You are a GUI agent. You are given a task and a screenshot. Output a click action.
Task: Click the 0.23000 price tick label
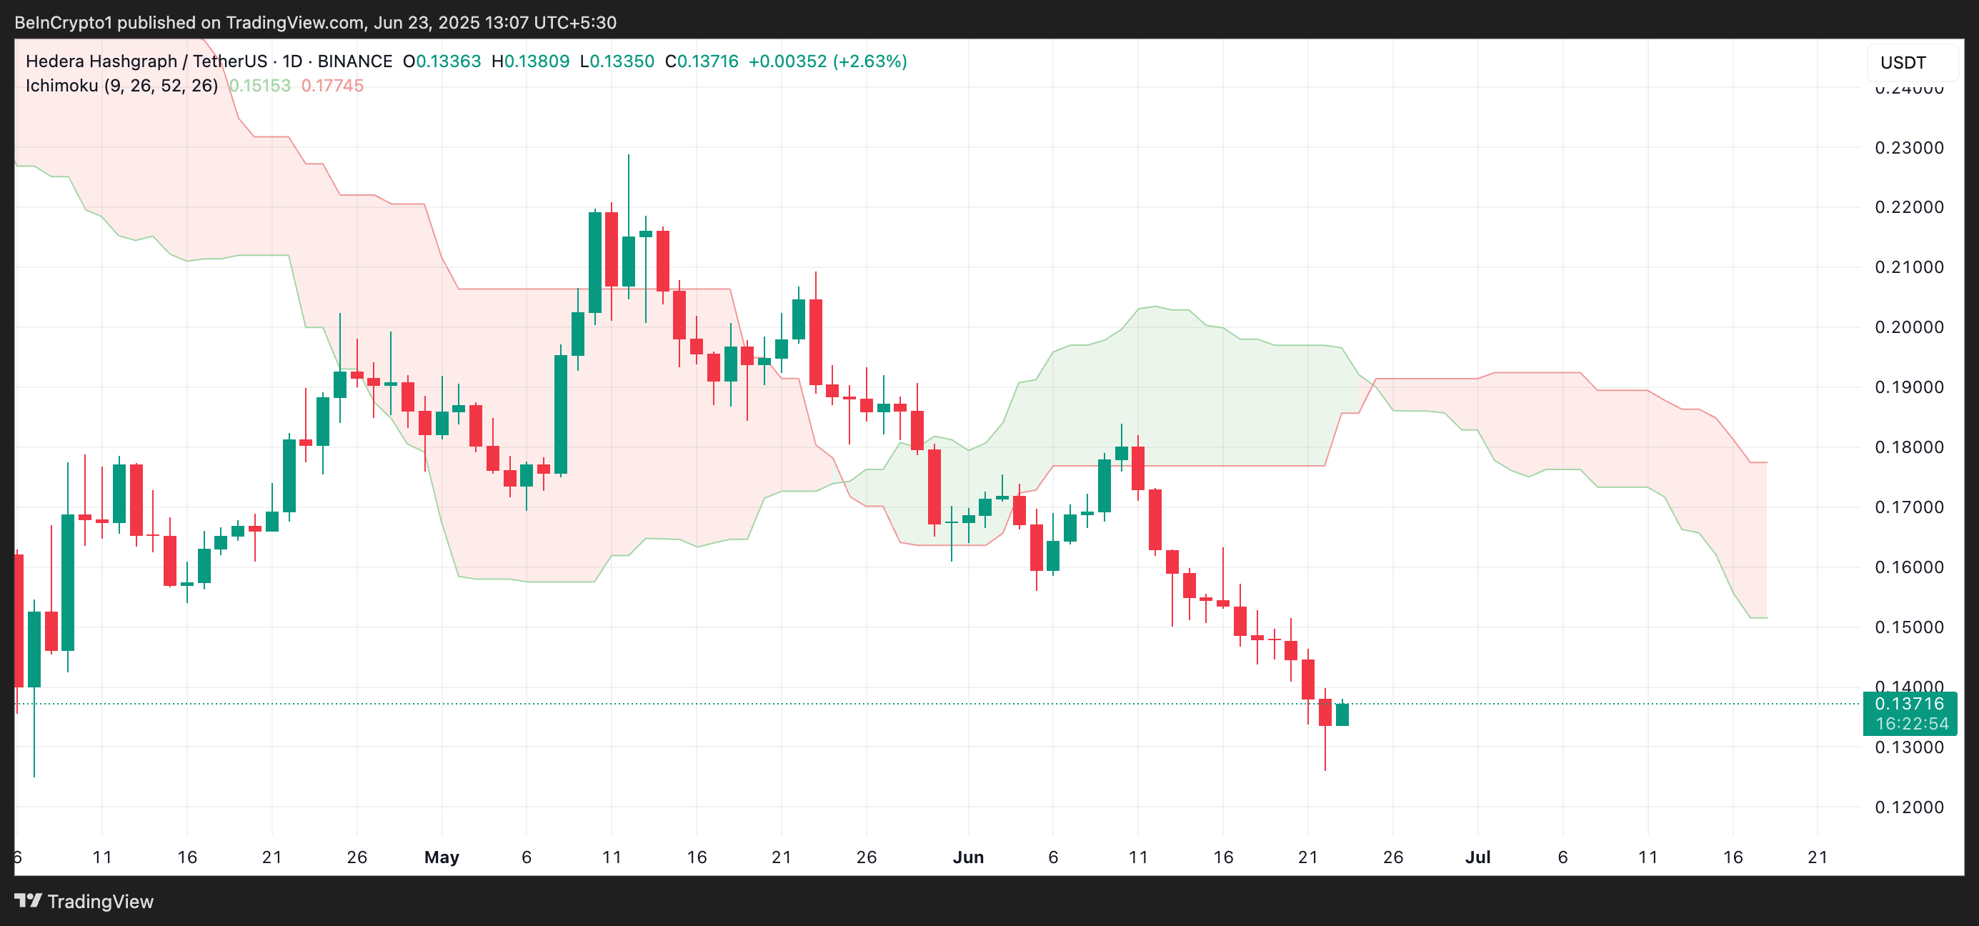[x=1908, y=147]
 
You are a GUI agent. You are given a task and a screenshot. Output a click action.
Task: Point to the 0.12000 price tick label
[x=1908, y=807]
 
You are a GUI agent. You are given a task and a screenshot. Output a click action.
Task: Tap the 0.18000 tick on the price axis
[x=1908, y=447]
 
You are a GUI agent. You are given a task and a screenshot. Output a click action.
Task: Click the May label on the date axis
[x=442, y=857]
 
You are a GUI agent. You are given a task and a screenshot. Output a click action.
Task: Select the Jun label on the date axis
[x=968, y=857]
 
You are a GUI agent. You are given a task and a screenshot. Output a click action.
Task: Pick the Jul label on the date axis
[x=1477, y=857]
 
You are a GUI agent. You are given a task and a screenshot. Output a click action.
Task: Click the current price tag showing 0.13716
[x=1908, y=703]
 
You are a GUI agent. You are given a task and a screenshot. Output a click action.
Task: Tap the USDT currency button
[x=1903, y=63]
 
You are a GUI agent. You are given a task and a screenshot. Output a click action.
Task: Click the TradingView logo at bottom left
[x=84, y=902]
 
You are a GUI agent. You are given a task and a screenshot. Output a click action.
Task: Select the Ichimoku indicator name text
[x=121, y=85]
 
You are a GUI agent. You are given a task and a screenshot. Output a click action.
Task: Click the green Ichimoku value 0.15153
[x=259, y=85]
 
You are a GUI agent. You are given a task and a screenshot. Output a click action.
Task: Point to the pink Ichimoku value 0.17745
[x=332, y=85]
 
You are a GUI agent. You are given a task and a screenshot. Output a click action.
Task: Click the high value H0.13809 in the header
[x=530, y=61]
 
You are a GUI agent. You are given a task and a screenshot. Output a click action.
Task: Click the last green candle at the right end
[x=1342, y=714]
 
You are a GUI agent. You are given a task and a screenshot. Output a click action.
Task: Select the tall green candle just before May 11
[x=594, y=262]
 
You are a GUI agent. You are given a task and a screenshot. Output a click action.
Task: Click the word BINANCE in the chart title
[x=354, y=61]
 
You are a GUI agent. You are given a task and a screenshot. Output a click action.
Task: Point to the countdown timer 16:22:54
[x=1911, y=724]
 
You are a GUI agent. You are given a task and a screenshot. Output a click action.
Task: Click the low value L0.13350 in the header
[x=617, y=61]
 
